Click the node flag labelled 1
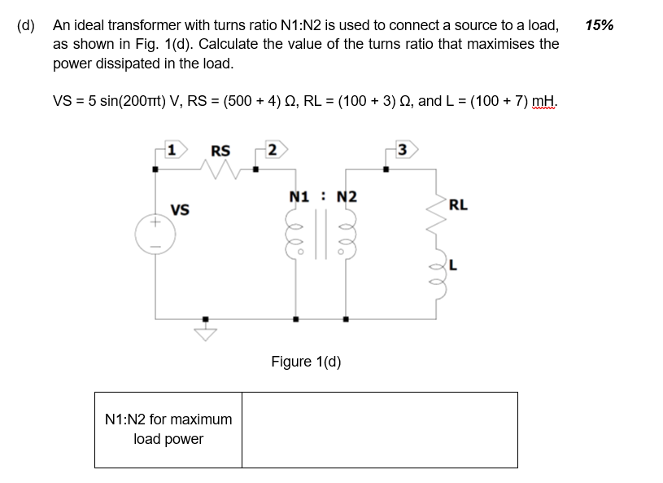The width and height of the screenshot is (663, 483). point(172,150)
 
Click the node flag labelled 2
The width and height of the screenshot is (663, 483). point(273,150)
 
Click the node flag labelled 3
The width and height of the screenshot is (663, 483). point(404,150)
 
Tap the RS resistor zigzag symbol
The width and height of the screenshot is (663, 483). point(220,169)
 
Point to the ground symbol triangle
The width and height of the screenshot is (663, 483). point(205,332)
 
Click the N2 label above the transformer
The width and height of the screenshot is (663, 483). point(346,197)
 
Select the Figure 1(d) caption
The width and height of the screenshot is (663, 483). point(306,362)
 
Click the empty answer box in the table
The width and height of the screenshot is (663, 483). point(379,430)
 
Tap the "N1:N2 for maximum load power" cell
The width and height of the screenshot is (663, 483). point(168,430)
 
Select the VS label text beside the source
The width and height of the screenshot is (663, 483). point(180,210)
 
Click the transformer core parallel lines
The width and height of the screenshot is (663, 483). point(320,236)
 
